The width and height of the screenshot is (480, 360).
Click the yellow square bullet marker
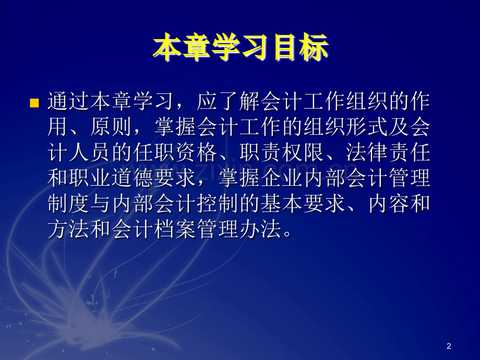point(35,103)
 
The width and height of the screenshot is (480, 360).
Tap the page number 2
point(449,346)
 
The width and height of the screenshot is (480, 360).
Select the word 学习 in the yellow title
point(241,49)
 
